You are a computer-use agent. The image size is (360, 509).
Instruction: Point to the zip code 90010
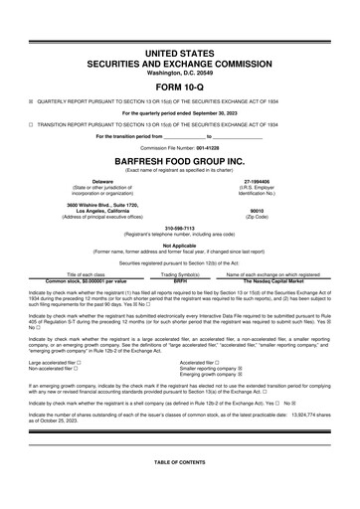pyautogui.click(x=257, y=210)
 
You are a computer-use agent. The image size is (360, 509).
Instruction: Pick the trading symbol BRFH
pyautogui.click(x=180, y=280)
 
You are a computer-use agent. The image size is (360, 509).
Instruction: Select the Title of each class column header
pyautogui.click(x=86, y=273)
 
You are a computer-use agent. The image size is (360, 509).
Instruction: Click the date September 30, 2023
pyautogui.click(x=221, y=112)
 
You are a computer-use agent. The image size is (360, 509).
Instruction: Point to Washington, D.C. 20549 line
pyautogui.click(x=179, y=73)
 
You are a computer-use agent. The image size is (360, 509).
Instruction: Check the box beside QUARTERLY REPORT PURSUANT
pyautogui.click(x=32, y=100)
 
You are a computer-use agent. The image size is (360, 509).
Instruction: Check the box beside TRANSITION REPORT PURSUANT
pyautogui.click(x=32, y=125)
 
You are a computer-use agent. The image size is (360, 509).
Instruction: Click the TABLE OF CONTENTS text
pyautogui.click(x=179, y=463)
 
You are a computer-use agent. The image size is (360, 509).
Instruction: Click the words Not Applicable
pyautogui.click(x=179, y=244)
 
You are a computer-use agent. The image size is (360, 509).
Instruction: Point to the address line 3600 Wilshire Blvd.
pyautogui.click(x=100, y=204)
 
